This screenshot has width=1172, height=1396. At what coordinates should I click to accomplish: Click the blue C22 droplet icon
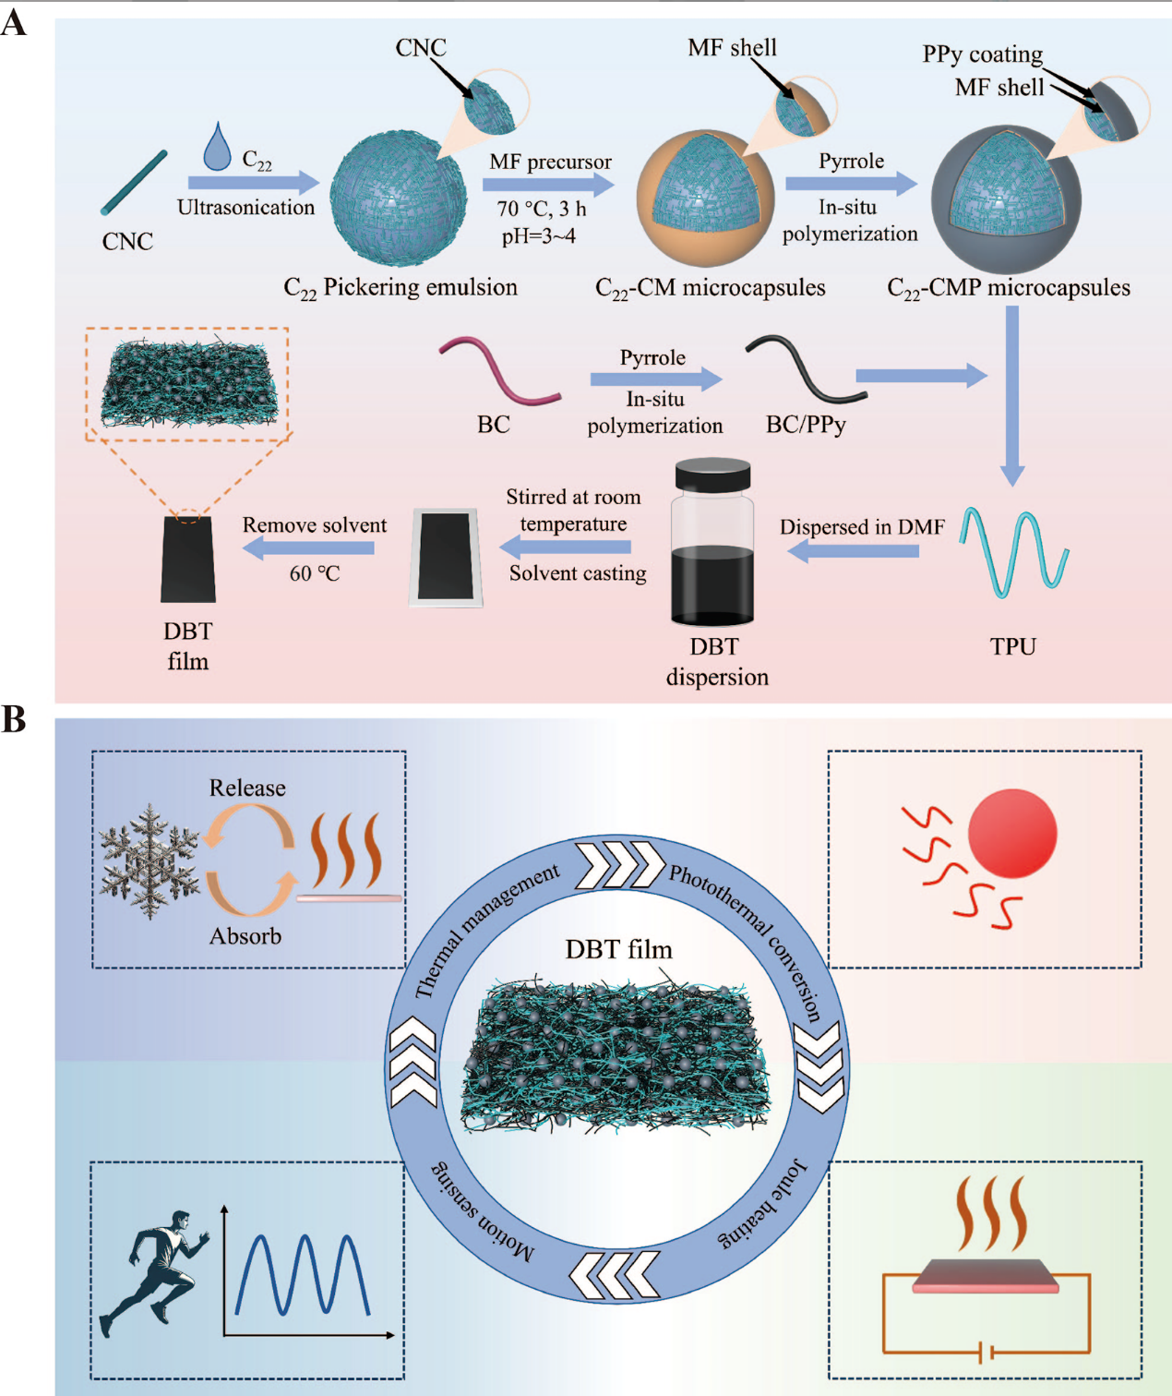click(217, 148)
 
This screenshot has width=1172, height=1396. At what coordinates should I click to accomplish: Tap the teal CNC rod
click(135, 183)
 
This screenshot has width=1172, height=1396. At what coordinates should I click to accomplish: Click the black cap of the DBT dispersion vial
click(712, 475)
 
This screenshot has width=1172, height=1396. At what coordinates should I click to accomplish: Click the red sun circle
click(1012, 833)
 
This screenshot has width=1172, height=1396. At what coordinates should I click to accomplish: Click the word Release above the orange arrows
click(247, 788)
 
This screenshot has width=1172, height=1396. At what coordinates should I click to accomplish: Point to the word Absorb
click(245, 936)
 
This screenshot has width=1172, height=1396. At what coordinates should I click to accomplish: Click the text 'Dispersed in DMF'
click(862, 527)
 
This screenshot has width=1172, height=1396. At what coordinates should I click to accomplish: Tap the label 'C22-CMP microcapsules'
click(1009, 288)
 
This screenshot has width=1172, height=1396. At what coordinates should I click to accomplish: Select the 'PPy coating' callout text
click(983, 54)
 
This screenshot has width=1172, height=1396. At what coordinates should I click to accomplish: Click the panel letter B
click(14, 719)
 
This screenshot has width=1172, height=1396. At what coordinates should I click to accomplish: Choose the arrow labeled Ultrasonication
click(253, 183)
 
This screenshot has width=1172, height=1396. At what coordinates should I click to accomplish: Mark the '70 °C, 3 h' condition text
click(542, 210)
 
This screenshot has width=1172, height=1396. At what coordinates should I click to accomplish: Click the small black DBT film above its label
click(188, 560)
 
